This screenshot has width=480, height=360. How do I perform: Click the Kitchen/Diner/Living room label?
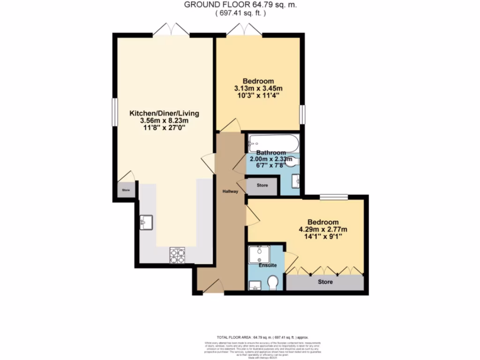click(x=165, y=113)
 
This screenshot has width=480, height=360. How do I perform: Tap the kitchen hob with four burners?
click(x=177, y=254)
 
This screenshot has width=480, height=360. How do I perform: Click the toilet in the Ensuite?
click(x=272, y=282)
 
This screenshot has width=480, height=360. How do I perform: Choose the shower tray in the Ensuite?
click(x=258, y=255)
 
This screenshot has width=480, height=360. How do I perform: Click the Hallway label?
click(x=230, y=191)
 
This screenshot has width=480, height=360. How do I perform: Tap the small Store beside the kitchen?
click(x=126, y=190)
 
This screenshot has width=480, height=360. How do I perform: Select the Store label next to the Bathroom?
click(x=262, y=185)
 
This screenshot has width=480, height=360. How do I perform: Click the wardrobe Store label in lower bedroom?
click(x=325, y=282)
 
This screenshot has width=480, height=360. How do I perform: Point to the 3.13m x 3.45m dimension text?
click(x=258, y=88)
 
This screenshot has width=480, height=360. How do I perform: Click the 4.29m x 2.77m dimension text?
click(x=322, y=230)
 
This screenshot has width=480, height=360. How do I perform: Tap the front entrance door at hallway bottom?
click(x=214, y=286)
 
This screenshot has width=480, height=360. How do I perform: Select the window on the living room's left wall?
click(x=114, y=112)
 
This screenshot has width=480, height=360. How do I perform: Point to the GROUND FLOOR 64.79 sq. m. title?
click(x=240, y=5)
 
